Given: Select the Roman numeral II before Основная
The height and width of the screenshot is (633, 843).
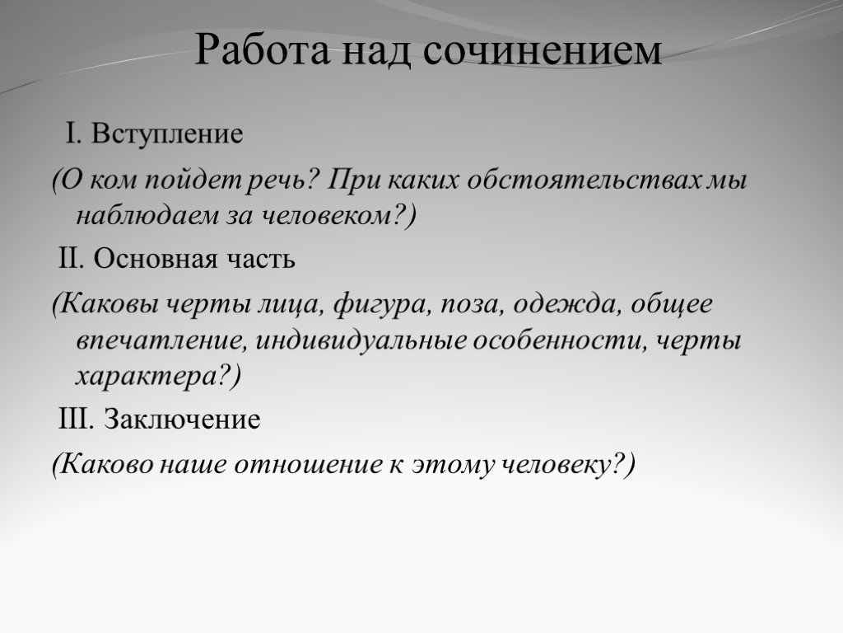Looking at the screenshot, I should pos(72,260).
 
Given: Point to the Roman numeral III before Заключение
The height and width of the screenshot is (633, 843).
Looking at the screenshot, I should pos(76,420).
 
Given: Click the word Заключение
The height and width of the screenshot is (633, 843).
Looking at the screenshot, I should pos(183,420).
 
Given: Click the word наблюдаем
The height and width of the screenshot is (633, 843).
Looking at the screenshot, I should pos(145,218).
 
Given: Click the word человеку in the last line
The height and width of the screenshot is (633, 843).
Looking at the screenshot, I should pos(557,465).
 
